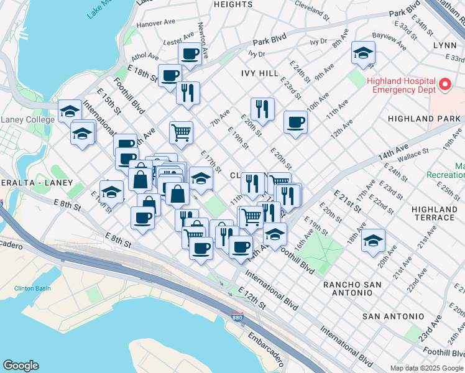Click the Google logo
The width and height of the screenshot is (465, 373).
click(21, 366)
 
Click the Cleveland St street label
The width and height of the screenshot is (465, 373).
click(312, 11)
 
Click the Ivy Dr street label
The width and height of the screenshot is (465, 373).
click(318, 41)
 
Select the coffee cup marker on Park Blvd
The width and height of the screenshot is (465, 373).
click(190, 53)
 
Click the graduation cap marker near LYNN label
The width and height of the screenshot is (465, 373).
click(363, 53)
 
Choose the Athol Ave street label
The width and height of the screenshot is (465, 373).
click(145, 57)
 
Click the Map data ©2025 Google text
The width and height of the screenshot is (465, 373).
click(426, 367)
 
